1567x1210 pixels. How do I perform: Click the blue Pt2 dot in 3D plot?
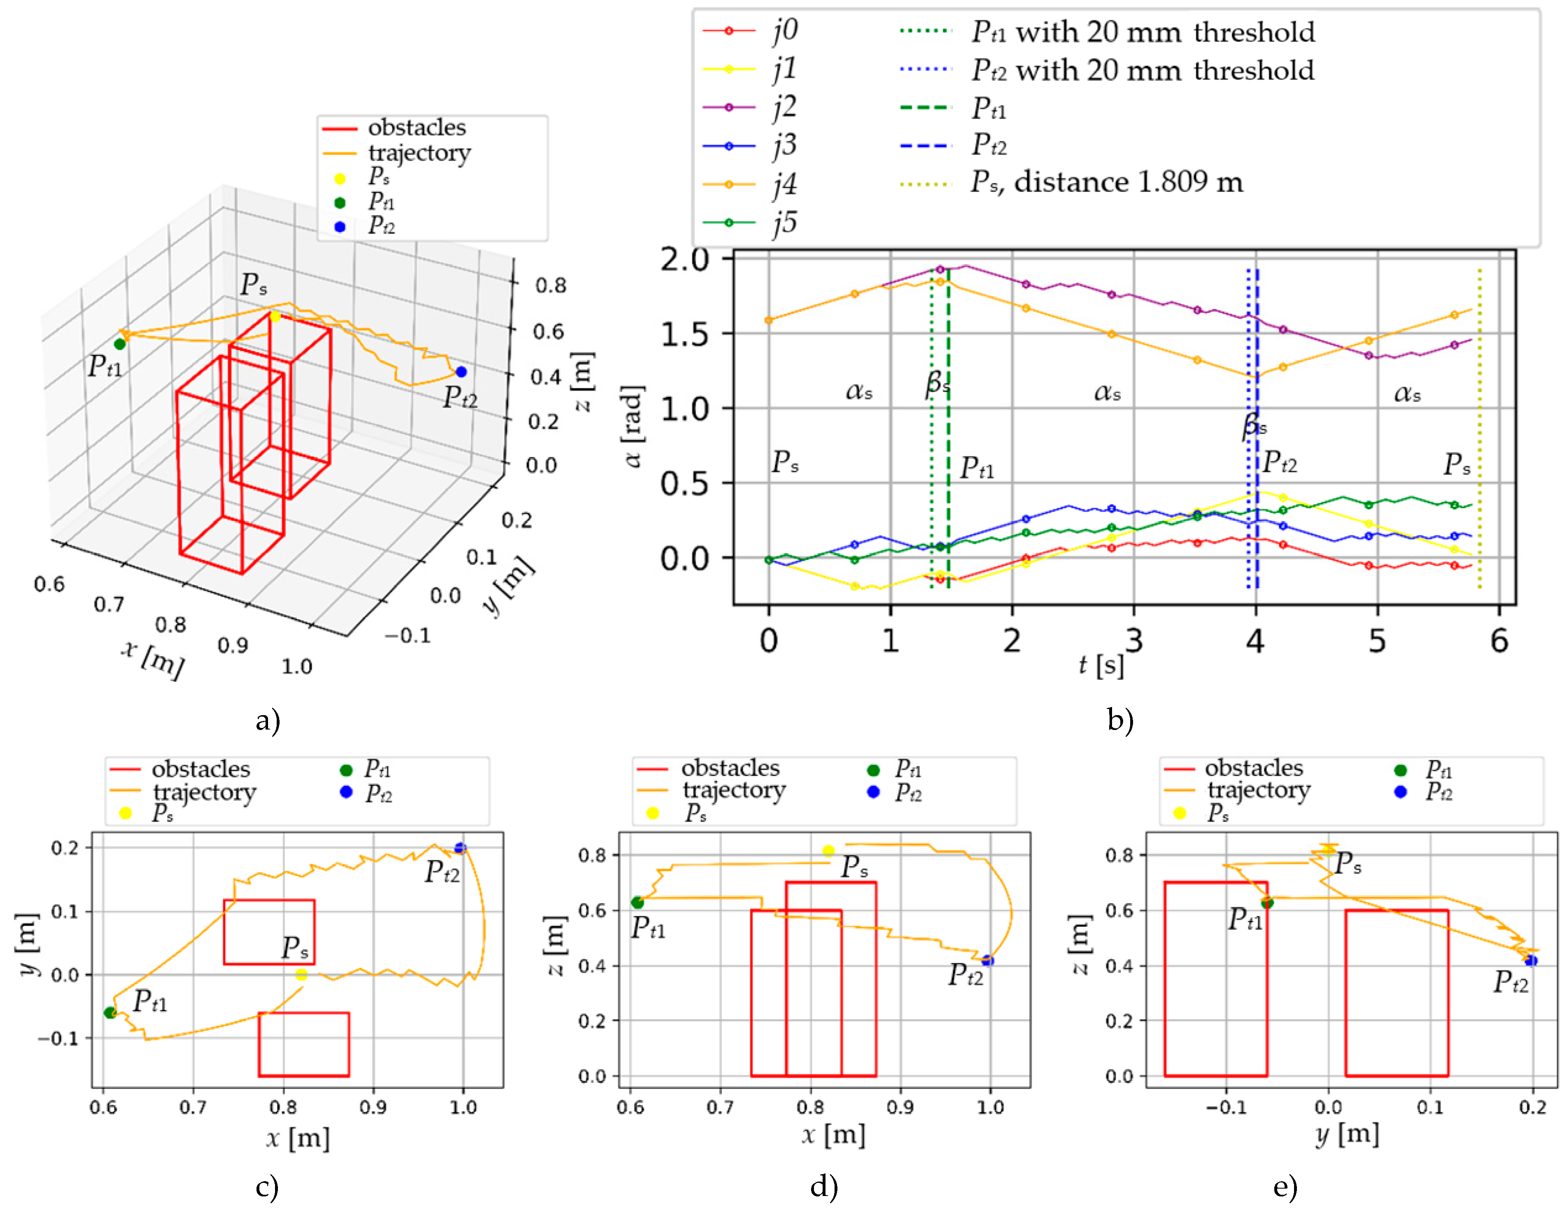point(461,372)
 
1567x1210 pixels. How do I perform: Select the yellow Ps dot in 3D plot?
point(275,317)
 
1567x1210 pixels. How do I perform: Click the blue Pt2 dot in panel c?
point(460,848)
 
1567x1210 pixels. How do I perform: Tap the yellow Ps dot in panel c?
point(301,975)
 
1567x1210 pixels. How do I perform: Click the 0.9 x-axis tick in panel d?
point(900,1107)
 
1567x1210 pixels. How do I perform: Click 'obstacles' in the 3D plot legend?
point(417,128)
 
